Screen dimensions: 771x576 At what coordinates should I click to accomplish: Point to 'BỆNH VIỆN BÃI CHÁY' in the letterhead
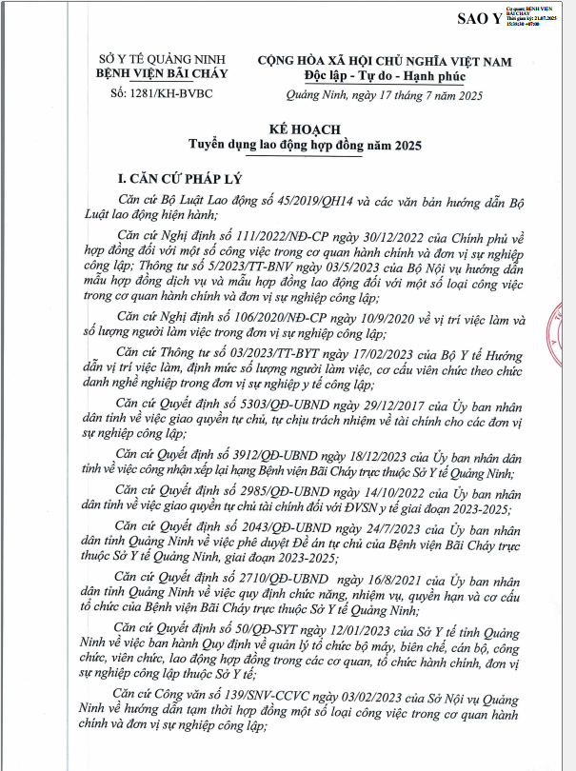[x=156, y=74]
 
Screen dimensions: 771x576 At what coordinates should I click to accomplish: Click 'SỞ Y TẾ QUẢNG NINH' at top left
[x=156, y=60]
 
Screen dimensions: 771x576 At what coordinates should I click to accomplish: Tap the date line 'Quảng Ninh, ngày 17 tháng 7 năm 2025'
[x=385, y=95]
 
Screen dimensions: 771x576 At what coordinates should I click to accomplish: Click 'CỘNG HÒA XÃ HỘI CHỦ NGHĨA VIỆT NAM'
[x=385, y=60]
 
